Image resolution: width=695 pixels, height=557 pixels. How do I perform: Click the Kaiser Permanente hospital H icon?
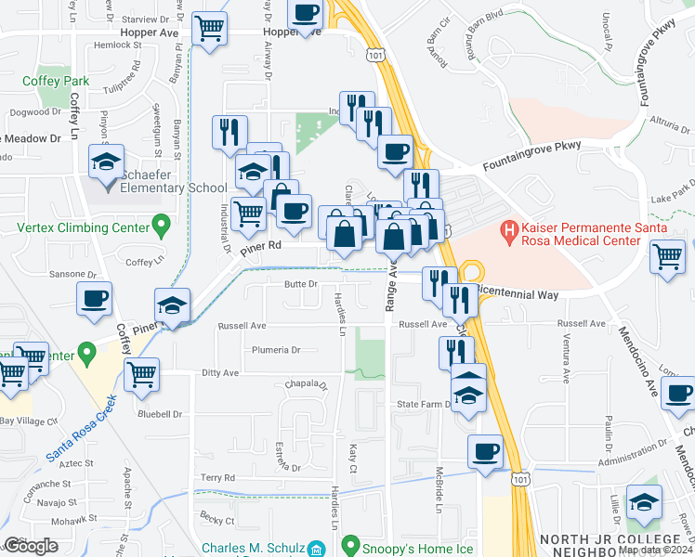click(x=508, y=227)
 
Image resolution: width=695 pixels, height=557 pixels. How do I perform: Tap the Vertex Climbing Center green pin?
click(x=161, y=225)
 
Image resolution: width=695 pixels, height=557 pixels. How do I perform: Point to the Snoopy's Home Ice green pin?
click(x=350, y=545)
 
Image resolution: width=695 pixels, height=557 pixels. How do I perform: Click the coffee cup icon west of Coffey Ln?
click(x=94, y=299)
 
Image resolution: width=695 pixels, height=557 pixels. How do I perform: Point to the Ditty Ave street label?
click(x=219, y=372)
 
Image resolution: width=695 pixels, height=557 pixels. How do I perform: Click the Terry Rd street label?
click(x=216, y=477)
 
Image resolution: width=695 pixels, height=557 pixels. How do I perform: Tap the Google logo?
click(x=31, y=546)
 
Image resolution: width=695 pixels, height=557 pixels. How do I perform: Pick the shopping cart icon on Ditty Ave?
click(x=142, y=375)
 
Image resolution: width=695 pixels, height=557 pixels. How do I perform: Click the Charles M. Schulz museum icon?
click(x=317, y=548)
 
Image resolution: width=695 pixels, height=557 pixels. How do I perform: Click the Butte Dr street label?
click(x=301, y=285)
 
